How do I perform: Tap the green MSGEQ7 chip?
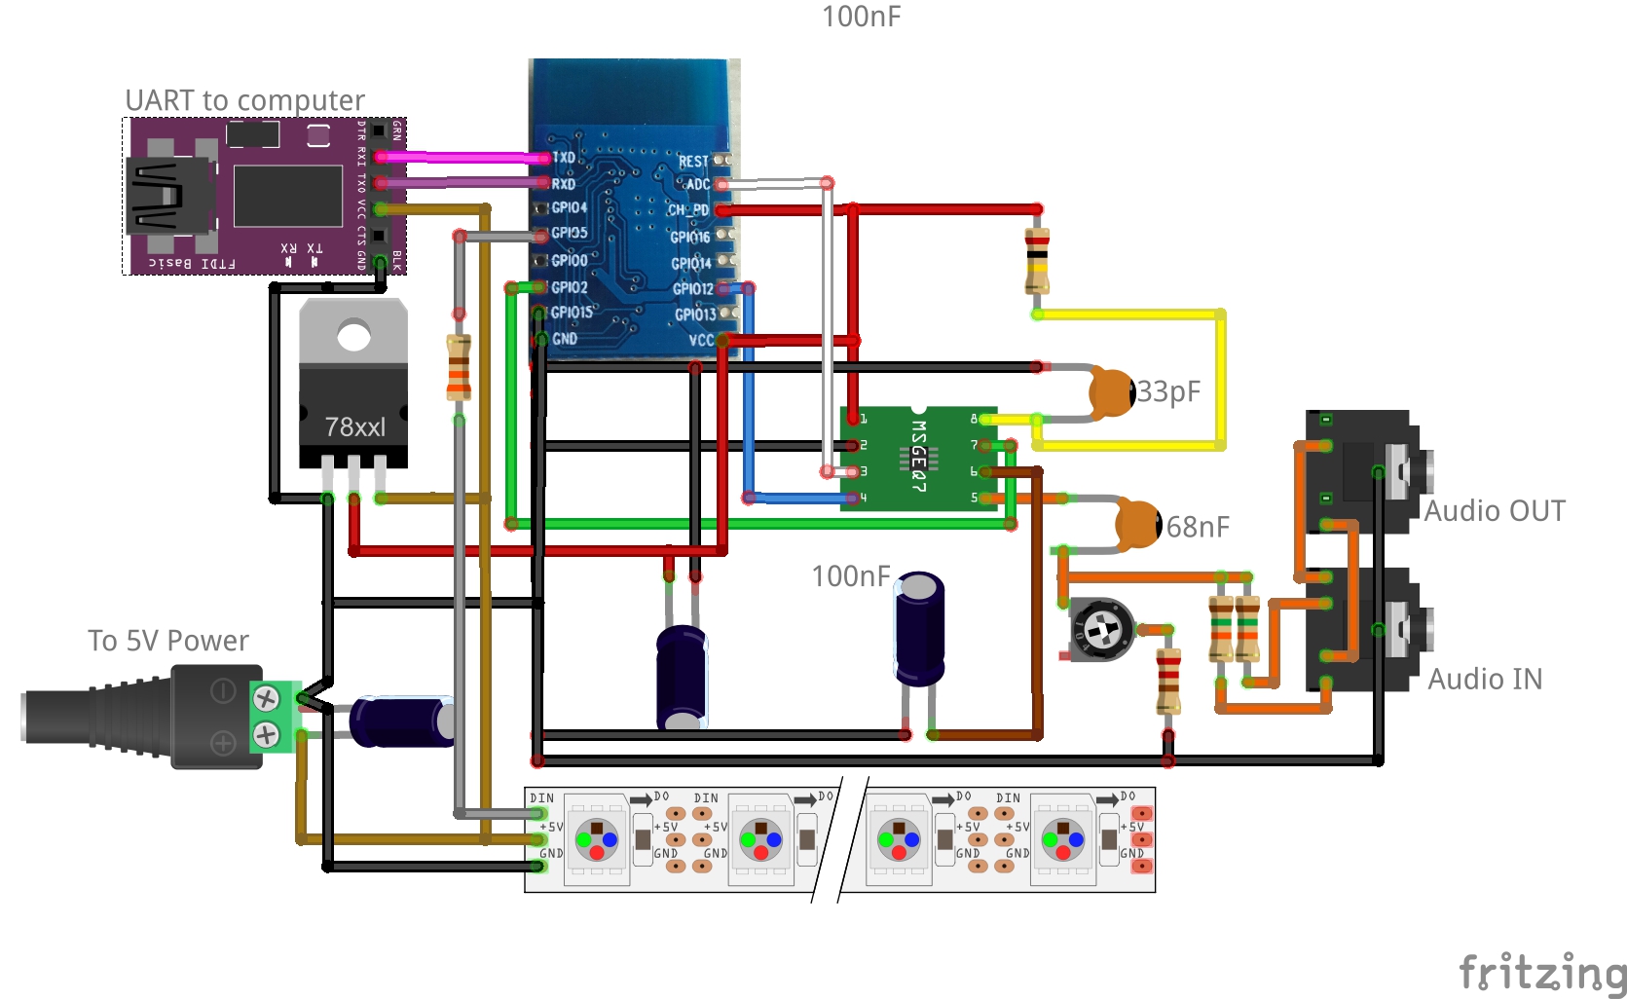[x=918, y=458]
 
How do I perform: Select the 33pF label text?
[x=1168, y=391]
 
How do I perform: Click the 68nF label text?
[x=1198, y=527]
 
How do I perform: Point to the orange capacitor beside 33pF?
[x=1111, y=391]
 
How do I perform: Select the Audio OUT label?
[x=1495, y=511]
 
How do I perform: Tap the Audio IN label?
[x=1485, y=679]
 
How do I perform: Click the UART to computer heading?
[x=244, y=100]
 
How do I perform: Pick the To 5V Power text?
[x=168, y=641]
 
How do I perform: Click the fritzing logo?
[x=1541, y=972]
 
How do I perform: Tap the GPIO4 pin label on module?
[x=569, y=207]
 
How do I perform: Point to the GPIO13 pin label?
[x=695, y=314]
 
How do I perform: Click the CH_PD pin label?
[x=688, y=209]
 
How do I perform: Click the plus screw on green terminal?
[x=266, y=734]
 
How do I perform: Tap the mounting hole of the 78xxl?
[x=353, y=337]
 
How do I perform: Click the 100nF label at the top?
[x=861, y=17]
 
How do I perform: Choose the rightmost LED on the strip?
[x=1062, y=839]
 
